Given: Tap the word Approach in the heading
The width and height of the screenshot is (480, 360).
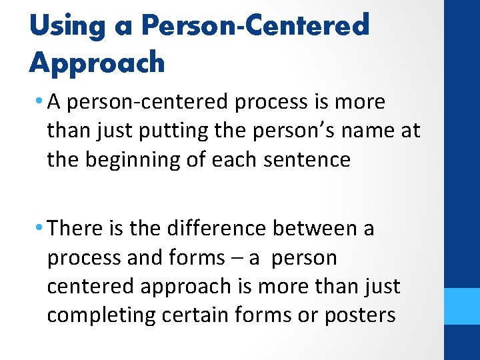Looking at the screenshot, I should click(97, 62).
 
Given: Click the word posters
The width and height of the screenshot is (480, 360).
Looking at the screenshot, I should click(360, 315).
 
